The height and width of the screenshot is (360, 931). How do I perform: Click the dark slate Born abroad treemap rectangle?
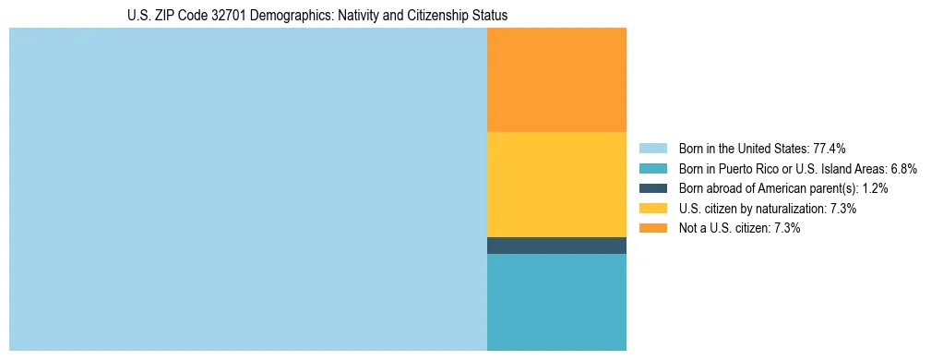[556, 246]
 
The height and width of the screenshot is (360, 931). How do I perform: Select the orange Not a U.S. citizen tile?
[556, 80]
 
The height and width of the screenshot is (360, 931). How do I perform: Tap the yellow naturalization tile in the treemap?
[556, 185]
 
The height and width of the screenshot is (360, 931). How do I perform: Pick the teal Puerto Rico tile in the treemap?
[556, 302]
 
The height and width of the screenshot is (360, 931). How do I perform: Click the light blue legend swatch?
[652, 149]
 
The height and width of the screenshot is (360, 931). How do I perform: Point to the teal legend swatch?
[652, 169]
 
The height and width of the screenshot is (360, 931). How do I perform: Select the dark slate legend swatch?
[652, 188]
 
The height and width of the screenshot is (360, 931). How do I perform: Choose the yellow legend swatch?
[652, 209]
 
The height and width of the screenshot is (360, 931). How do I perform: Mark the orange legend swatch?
[652, 228]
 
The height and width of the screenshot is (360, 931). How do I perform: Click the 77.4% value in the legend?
[830, 149]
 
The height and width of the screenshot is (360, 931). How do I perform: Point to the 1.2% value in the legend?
[875, 188]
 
